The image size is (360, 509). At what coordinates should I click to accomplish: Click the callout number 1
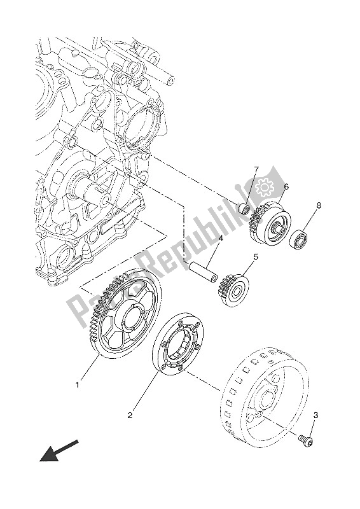click(x=78, y=385)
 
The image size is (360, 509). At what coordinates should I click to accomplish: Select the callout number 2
click(x=130, y=415)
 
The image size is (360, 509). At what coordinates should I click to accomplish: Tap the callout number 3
click(x=315, y=415)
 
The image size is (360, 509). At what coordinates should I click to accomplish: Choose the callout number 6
click(x=286, y=187)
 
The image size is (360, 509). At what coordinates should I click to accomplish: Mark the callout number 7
click(x=257, y=169)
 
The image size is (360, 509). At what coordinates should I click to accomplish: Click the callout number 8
click(x=318, y=206)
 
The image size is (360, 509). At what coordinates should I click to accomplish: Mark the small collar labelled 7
click(x=242, y=208)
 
